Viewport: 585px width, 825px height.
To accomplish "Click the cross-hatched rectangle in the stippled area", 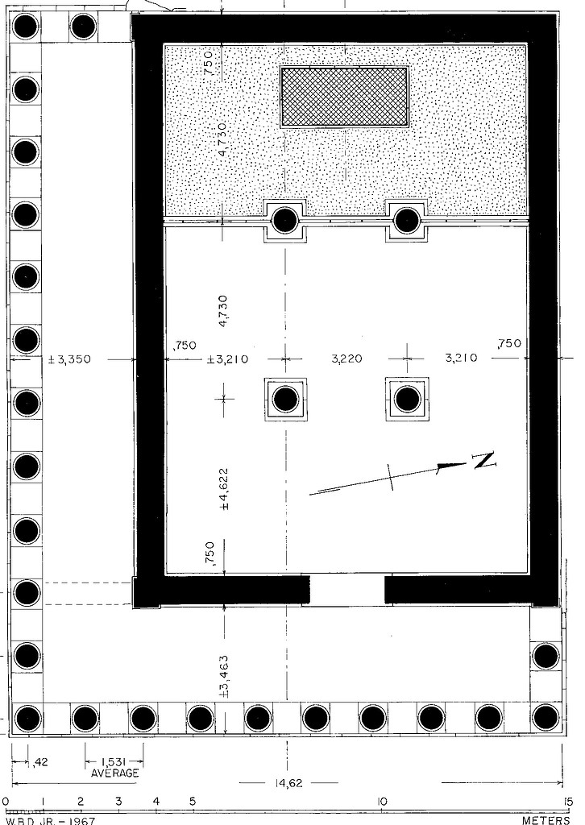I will [344, 96].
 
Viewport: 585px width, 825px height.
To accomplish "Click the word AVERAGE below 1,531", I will [114, 773].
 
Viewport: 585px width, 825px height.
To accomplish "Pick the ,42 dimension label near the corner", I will [40, 761].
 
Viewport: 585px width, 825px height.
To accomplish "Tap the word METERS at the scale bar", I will [546, 819].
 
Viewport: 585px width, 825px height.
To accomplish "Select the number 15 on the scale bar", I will [567, 802].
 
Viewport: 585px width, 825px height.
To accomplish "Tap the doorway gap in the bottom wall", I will [347, 589].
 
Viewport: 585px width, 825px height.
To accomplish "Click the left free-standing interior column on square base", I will [284, 399].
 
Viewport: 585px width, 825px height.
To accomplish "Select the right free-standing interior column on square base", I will [407, 399].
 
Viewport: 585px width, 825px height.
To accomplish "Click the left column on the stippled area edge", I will [284, 220].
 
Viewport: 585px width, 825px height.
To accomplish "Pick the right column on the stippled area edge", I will [405, 220].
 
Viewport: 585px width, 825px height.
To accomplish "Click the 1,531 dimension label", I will [114, 761].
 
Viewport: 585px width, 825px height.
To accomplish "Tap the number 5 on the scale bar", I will [193, 802].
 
